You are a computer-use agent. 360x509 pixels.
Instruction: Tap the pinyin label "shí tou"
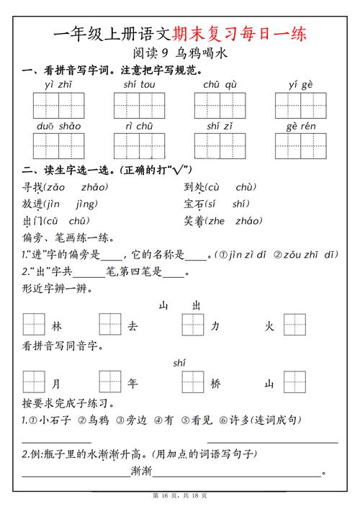[139, 84]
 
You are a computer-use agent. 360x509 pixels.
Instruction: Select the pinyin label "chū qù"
[221, 84]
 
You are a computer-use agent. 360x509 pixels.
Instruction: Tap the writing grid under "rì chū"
[139, 145]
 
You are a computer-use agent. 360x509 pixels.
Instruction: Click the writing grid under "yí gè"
[300, 105]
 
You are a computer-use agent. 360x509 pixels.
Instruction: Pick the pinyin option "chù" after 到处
[246, 187]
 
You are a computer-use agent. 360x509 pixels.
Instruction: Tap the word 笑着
[195, 221]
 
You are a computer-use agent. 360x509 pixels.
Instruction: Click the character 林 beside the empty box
[57, 326]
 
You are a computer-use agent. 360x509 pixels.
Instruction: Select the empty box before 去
[110, 325]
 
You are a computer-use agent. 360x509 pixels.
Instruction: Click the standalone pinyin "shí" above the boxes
[180, 364]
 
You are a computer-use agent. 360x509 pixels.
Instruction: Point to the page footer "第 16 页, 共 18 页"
[179, 497]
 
